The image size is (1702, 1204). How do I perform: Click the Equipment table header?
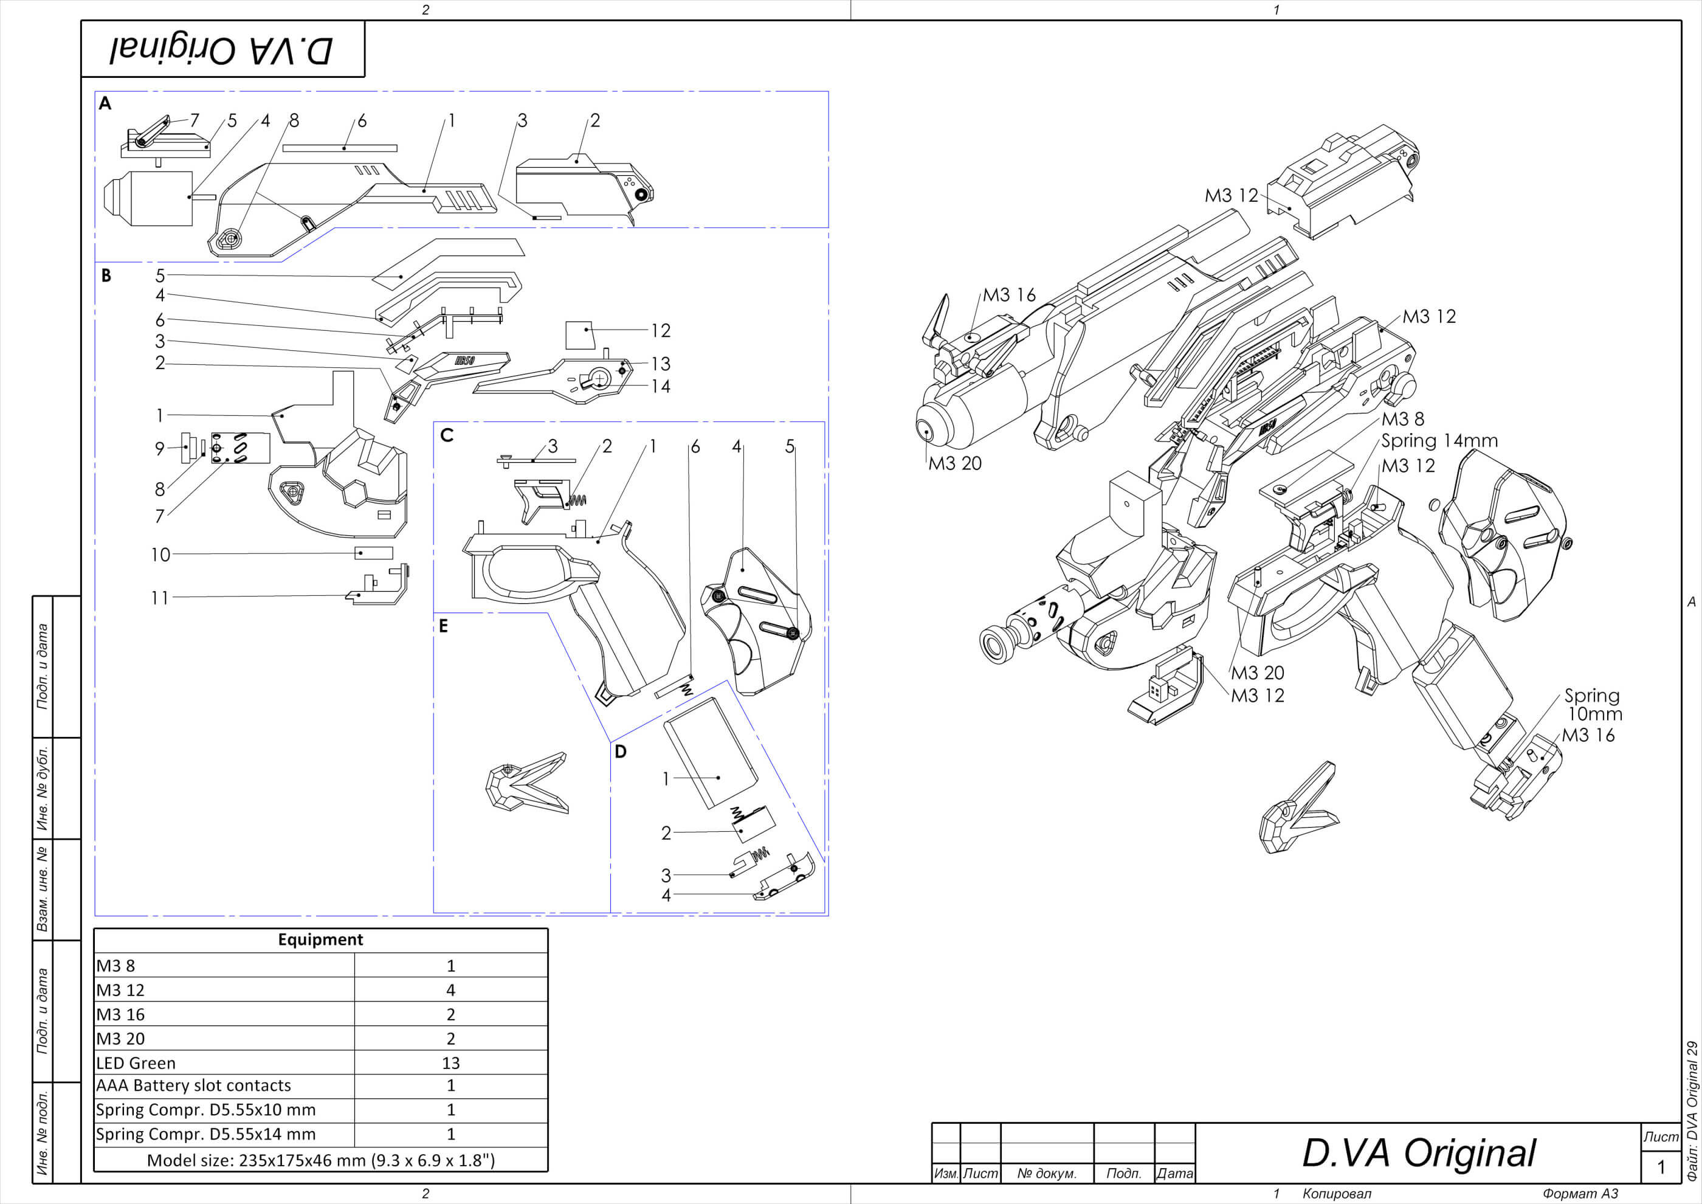(320, 939)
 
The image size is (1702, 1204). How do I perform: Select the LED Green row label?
(136, 1062)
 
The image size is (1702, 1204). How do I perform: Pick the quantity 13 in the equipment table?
(450, 1062)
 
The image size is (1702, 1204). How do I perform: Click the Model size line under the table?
(320, 1160)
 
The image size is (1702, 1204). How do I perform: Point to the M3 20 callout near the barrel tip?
(955, 463)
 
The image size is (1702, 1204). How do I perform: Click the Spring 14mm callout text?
(1439, 441)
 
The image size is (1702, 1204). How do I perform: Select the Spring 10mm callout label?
(1593, 704)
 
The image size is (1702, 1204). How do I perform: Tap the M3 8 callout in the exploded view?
(1402, 419)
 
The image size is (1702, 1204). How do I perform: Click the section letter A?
(105, 103)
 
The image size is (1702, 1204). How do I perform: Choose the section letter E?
(443, 626)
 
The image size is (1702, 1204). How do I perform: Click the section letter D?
(621, 751)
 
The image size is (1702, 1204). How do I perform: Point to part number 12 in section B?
(661, 331)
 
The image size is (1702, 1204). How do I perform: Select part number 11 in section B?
(160, 598)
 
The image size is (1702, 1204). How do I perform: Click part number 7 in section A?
(195, 120)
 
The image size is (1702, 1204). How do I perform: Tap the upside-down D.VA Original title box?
(222, 49)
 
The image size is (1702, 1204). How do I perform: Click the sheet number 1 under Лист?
(1661, 1167)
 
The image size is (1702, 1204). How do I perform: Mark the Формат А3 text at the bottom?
(1580, 1194)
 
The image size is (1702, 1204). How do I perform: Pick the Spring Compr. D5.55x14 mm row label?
(206, 1133)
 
